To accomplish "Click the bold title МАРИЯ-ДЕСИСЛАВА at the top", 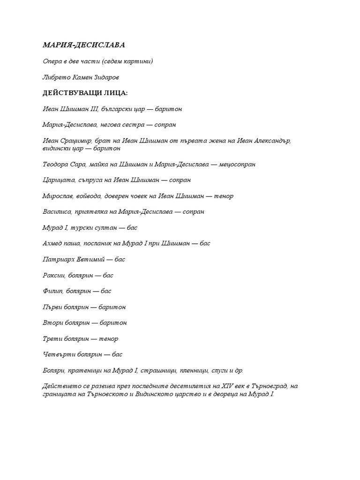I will [84, 45].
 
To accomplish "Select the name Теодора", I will [56, 165].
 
